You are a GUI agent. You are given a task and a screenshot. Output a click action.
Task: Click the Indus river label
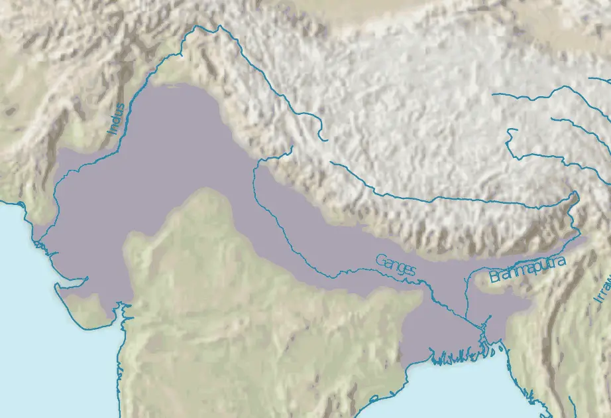point(116,119)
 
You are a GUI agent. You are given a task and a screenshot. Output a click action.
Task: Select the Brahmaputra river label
point(528,269)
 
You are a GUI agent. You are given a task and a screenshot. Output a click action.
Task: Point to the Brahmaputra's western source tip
point(331,163)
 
